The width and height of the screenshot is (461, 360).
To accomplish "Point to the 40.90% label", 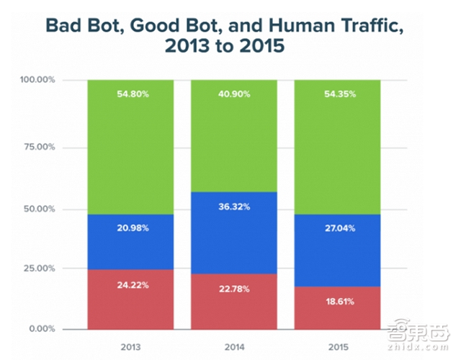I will pyautogui.click(x=233, y=94).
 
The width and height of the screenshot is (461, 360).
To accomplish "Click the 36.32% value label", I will pyautogui.click(x=233, y=206).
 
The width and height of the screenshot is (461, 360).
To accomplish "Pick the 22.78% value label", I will pyautogui.click(x=233, y=289).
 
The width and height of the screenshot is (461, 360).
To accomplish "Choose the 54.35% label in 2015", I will pyautogui.click(x=338, y=94).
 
